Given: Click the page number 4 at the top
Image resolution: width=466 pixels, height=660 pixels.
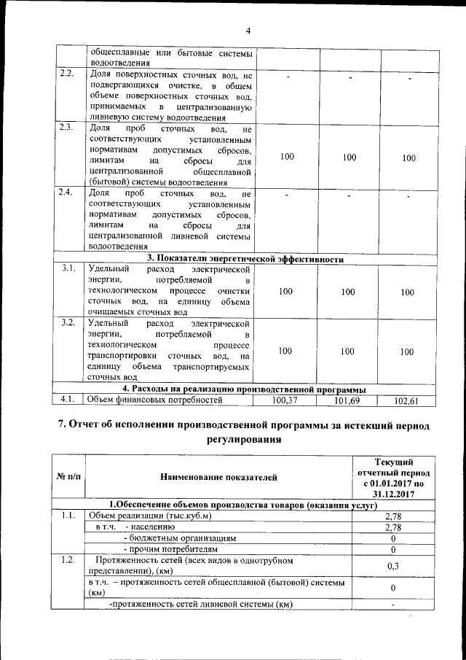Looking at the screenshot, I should pyautogui.click(x=248, y=31).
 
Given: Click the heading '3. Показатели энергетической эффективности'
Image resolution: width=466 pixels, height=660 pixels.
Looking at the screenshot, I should pyautogui.click(x=245, y=258).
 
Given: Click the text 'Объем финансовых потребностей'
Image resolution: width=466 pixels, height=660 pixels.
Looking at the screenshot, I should pyautogui.click(x=154, y=400).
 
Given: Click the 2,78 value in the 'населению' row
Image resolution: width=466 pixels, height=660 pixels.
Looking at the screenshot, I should pyautogui.click(x=393, y=527).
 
